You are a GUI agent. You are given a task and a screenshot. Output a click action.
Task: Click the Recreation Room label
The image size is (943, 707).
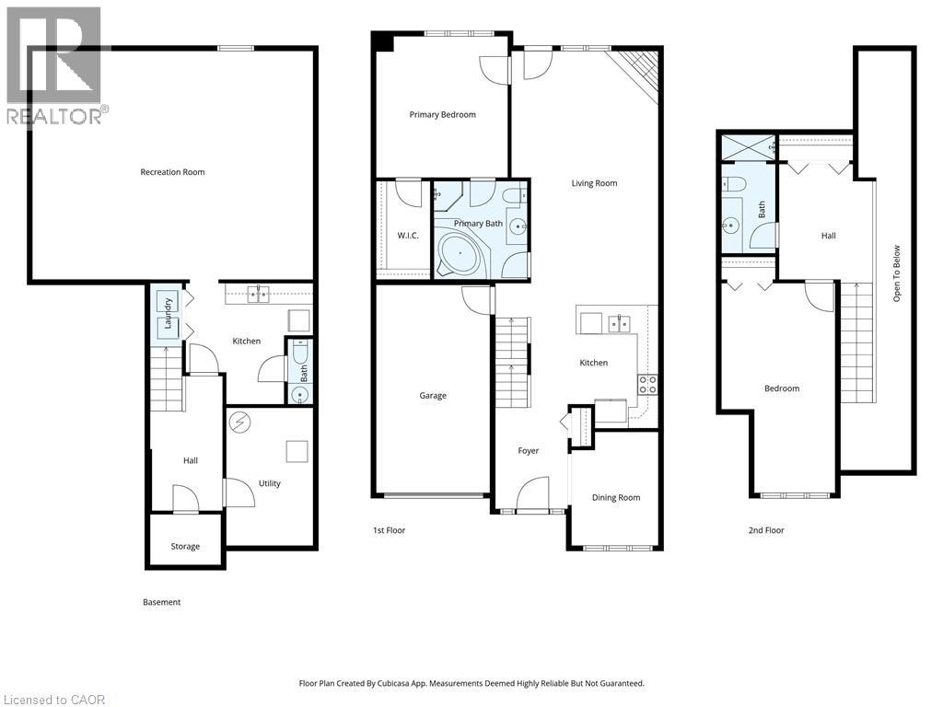click(x=172, y=172)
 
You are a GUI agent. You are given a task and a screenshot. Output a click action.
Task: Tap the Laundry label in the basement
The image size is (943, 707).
click(x=169, y=315)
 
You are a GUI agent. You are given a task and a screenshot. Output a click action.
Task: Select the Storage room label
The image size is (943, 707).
click(x=185, y=547)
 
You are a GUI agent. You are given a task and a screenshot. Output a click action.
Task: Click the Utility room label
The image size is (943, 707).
click(x=269, y=483)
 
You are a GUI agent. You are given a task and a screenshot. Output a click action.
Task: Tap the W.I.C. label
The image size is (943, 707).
click(x=408, y=236)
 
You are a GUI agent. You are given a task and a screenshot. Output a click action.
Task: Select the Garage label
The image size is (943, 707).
click(x=433, y=396)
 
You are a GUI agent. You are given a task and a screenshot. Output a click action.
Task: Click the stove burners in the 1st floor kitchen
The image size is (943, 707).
click(x=647, y=384)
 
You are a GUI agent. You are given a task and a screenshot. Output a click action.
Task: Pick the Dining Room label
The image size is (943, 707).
click(x=615, y=498)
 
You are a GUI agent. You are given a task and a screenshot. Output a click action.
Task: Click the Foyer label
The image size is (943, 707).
click(x=528, y=451)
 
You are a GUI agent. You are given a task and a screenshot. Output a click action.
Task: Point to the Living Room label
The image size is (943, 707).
click(x=594, y=183)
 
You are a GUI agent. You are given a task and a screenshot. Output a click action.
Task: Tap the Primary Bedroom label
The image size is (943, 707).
click(x=442, y=115)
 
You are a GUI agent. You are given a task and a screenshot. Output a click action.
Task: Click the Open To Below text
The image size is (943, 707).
click(x=897, y=273)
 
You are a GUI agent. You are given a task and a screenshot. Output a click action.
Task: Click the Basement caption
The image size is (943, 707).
click(x=161, y=602)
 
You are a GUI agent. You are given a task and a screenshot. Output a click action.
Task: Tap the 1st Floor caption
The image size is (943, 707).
click(x=389, y=530)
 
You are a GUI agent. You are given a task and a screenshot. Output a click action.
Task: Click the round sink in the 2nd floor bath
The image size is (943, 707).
click(x=731, y=224)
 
